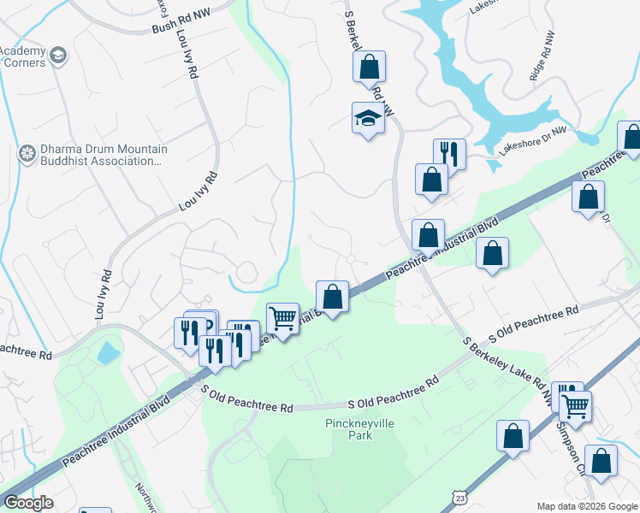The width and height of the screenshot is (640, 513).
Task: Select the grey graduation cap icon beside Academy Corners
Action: tap(58, 56)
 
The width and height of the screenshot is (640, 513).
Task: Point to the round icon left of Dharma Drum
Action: tap(27, 155)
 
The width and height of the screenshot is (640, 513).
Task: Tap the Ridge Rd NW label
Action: tap(542, 56)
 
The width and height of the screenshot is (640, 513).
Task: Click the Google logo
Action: tap(28, 503)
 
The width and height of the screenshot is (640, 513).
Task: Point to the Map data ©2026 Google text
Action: tap(586, 505)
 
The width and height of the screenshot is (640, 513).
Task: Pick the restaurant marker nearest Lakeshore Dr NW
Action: tap(449, 154)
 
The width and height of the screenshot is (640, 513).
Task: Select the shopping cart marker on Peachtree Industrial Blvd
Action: tap(282, 319)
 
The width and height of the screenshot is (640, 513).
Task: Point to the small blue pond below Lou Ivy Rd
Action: tap(108, 352)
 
